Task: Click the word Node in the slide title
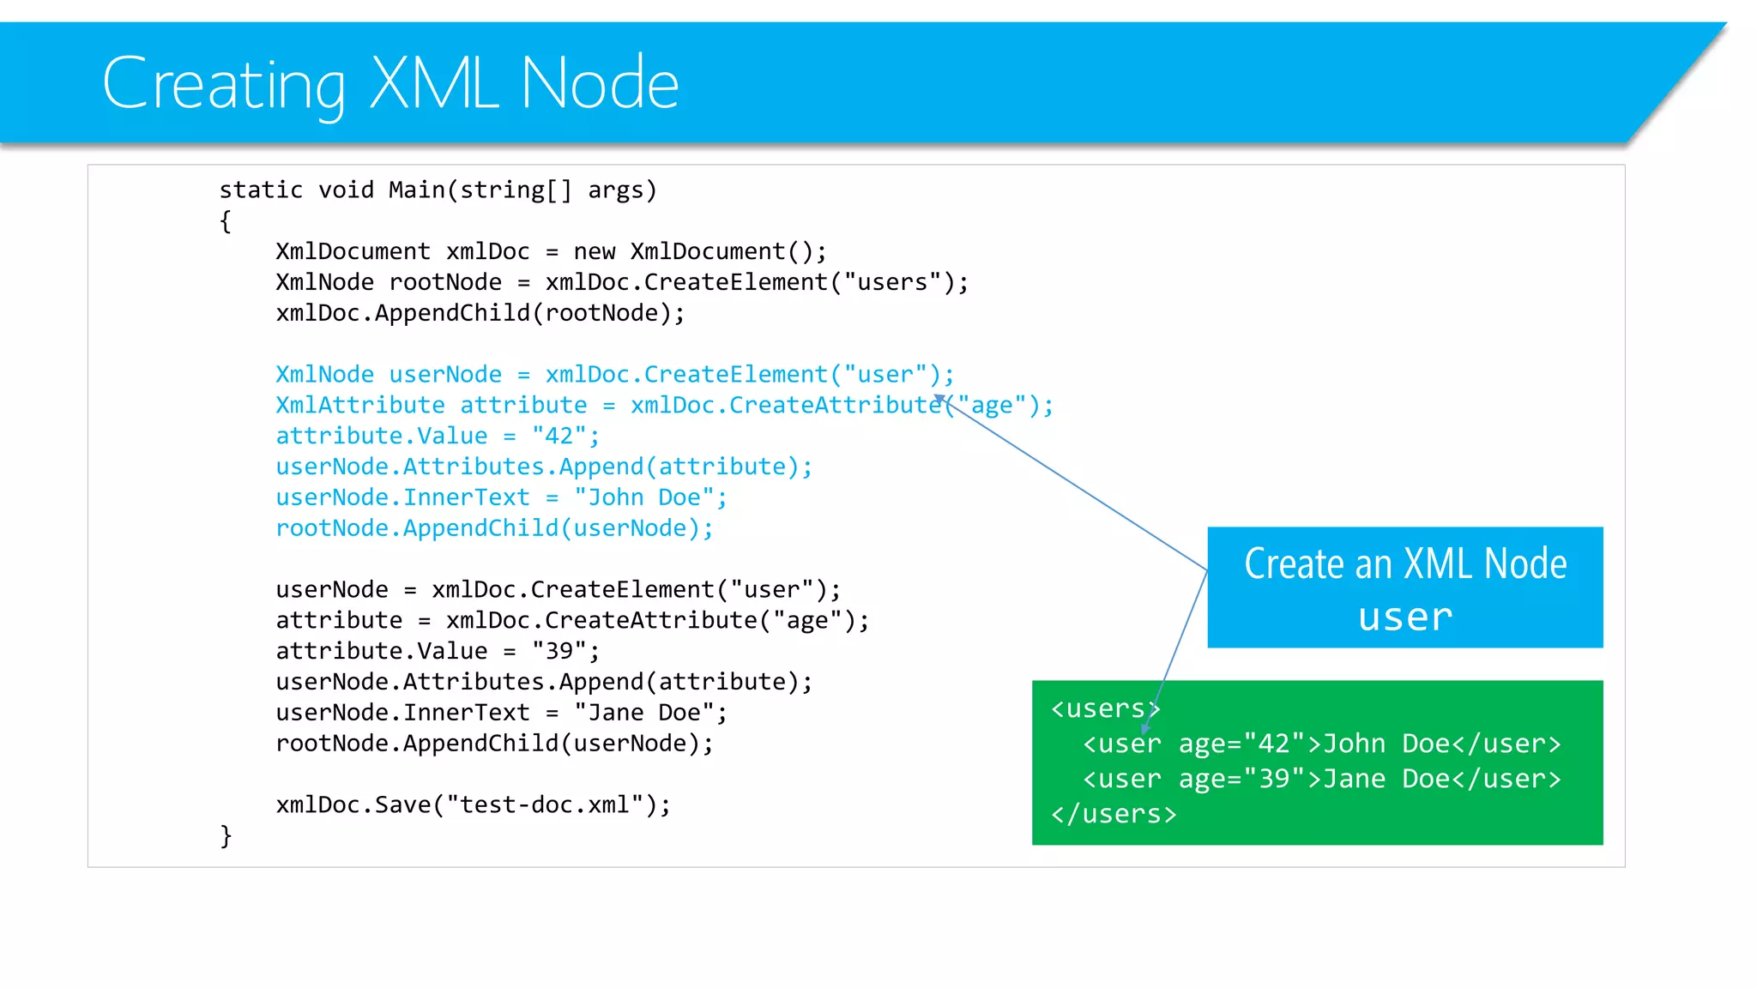point(599,83)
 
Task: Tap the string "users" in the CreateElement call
point(892,282)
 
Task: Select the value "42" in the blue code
point(558,436)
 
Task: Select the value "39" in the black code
point(558,651)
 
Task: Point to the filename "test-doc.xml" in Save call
point(545,804)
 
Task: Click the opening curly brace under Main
point(226,221)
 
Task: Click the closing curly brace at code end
point(226,835)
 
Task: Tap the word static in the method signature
point(261,190)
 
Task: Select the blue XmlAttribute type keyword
point(359,405)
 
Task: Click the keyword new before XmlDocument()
point(595,251)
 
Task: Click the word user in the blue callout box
point(1405,617)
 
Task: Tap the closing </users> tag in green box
point(1114,814)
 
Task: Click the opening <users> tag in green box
point(1103,708)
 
